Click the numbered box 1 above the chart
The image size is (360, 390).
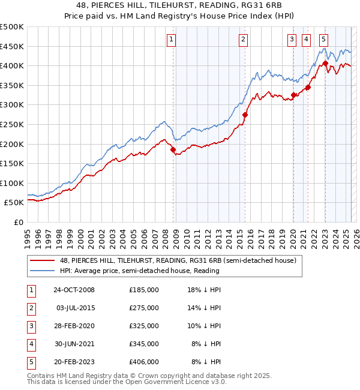[171, 40]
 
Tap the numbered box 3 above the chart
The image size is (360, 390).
[292, 40]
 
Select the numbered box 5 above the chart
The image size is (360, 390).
[323, 40]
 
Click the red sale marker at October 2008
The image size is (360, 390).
[173, 150]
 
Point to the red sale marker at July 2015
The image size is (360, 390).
[245, 115]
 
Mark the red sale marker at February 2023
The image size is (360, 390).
[325, 63]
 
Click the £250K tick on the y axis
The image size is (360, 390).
[12, 124]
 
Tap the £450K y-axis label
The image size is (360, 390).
[12, 46]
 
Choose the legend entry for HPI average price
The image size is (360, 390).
[139, 271]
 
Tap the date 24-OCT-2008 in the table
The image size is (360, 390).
[74, 290]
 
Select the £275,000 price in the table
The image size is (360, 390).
[144, 308]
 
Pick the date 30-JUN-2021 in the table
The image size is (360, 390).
[74, 344]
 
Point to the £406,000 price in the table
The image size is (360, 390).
[144, 362]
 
